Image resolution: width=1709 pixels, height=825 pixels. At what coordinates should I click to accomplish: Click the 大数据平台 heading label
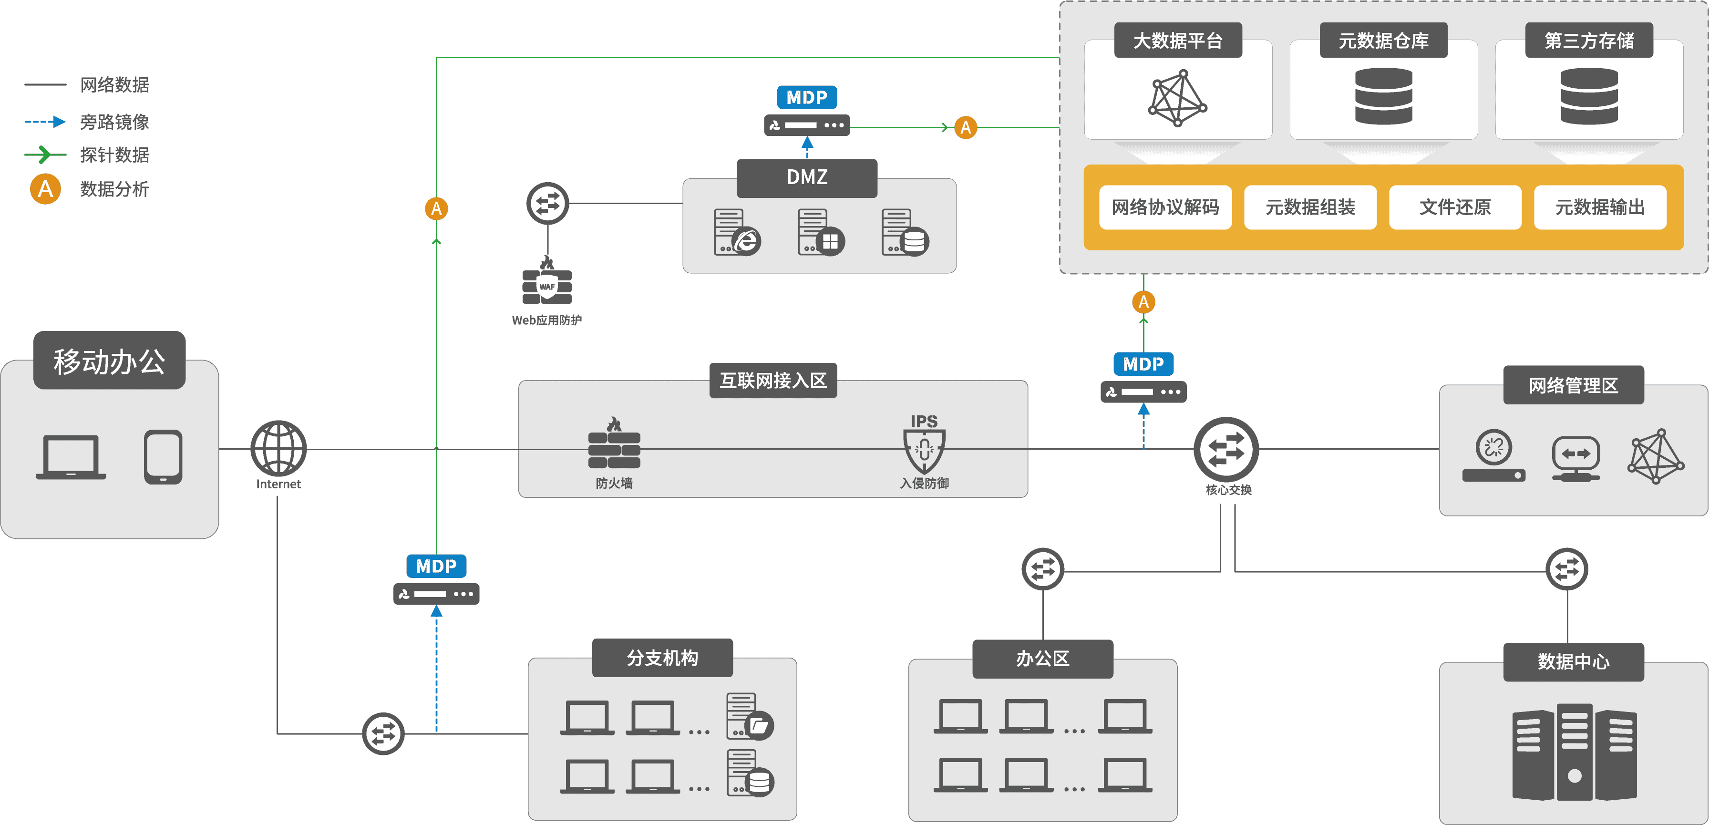(1178, 41)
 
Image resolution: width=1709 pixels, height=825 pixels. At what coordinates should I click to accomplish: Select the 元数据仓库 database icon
(1383, 97)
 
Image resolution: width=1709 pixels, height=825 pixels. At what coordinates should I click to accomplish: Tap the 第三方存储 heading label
(1589, 41)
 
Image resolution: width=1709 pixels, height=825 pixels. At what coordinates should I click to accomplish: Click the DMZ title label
(807, 177)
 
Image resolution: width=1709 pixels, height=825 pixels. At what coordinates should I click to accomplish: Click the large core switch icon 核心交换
(1226, 450)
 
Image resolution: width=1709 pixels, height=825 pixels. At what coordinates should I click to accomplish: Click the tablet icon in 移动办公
(163, 457)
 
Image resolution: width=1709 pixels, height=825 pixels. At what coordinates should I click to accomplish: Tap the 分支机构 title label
(662, 658)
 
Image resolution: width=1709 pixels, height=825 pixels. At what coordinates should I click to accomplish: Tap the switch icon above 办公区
(1043, 569)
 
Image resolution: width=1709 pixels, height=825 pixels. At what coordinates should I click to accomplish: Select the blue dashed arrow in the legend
(45, 122)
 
